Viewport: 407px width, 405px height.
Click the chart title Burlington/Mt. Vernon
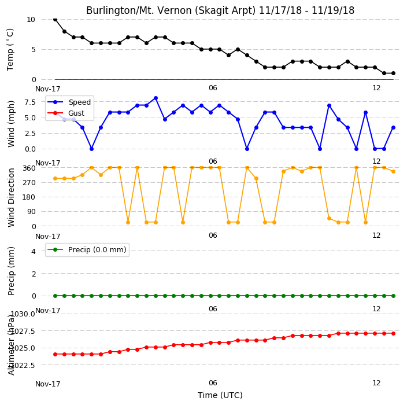(x=220, y=10)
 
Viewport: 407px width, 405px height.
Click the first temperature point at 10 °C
(x=55, y=19)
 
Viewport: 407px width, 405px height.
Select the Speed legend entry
(x=69, y=102)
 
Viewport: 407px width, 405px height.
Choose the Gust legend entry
(x=66, y=113)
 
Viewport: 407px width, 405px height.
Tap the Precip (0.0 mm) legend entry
(x=87, y=249)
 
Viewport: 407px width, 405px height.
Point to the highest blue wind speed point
(x=156, y=98)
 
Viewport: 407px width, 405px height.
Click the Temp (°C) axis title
(x=10, y=49)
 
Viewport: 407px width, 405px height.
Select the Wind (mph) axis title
(x=11, y=124)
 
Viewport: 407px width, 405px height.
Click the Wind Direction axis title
(x=11, y=197)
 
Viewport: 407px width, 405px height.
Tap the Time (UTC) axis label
(x=220, y=395)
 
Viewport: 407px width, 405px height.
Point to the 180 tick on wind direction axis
(x=29, y=197)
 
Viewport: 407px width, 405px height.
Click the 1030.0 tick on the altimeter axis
(x=23, y=314)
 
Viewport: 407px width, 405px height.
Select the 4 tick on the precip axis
(x=34, y=251)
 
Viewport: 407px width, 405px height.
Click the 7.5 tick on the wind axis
(x=30, y=102)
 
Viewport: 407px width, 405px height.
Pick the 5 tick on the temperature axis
(x=34, y=49)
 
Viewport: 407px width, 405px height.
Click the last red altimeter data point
(x=394, y=333)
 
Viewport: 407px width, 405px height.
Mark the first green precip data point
(x=55, y=296)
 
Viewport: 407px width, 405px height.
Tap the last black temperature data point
(x=394, y=73)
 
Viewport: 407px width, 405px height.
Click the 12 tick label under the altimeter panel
(x=376, y=382)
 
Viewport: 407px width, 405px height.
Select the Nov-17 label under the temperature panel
(x=48, y=89)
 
